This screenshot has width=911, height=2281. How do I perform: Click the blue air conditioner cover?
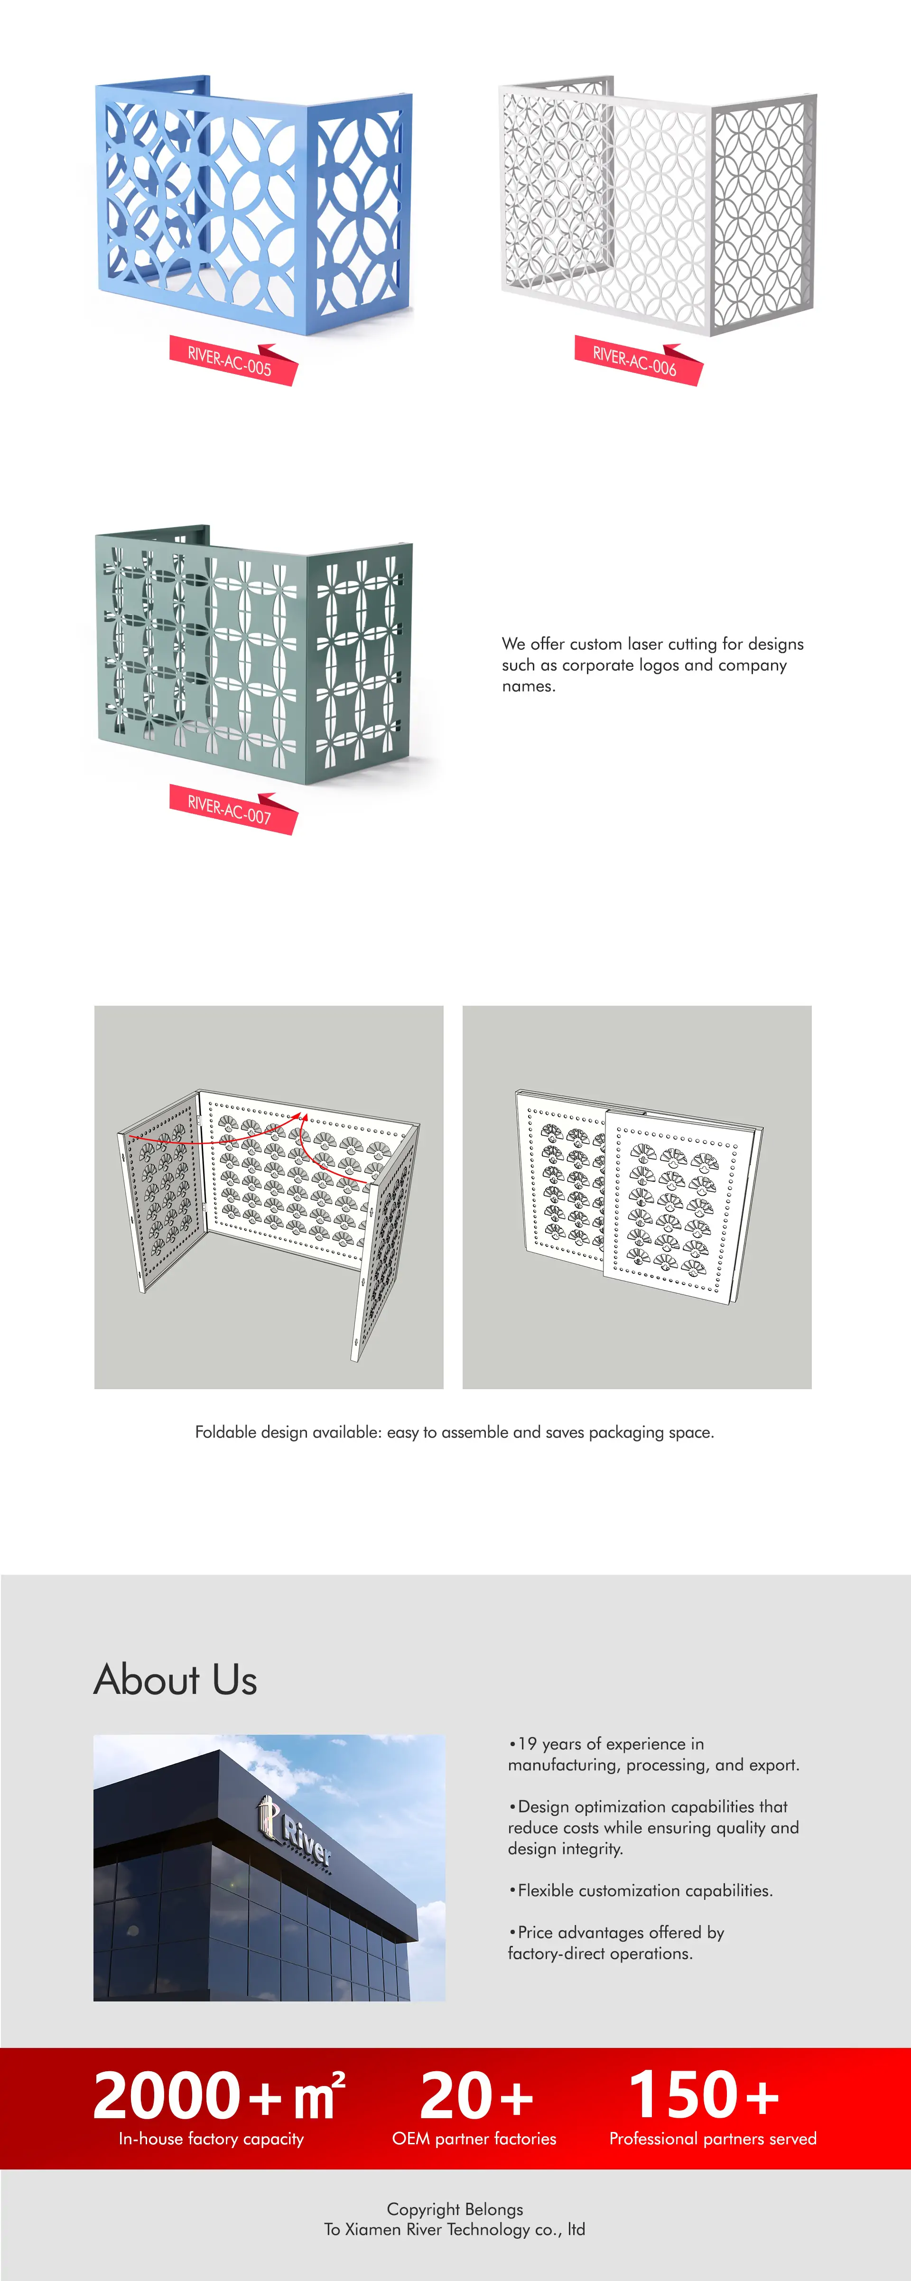254,206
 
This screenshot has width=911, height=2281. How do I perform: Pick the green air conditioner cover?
254,655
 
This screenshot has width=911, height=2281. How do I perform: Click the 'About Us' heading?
175,1680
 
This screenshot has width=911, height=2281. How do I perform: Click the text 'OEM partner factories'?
474,2139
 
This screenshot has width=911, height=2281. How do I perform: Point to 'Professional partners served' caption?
713,2139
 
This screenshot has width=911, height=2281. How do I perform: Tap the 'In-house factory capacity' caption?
212,2139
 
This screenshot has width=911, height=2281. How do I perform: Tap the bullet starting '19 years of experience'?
653,1754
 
